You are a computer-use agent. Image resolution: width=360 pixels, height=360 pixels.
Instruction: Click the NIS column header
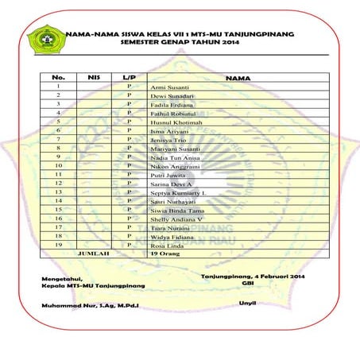[92, 77]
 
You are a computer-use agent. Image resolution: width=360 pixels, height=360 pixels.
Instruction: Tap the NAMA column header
[238, 78]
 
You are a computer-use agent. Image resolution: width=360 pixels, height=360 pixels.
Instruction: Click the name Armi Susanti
[169, 87]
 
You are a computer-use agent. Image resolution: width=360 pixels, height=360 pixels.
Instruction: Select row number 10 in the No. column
[58, 166]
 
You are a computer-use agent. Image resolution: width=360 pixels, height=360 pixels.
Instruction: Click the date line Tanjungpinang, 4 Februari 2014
[253, 275]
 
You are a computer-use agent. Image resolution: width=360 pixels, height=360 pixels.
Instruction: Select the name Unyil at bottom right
[248, 304]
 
